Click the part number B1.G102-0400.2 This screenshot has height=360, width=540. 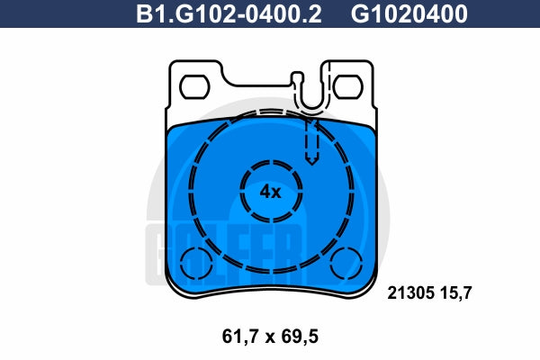point(229,13)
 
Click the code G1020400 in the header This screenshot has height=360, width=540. point(409,13)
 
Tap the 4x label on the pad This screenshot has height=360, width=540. point(271,192)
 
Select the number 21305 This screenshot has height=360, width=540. point(410,292)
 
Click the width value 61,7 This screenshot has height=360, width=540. point(240,337)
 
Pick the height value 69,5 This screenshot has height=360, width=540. point(300,337)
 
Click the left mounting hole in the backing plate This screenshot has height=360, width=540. point(195,86)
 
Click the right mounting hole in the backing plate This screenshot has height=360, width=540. point(347,86)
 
